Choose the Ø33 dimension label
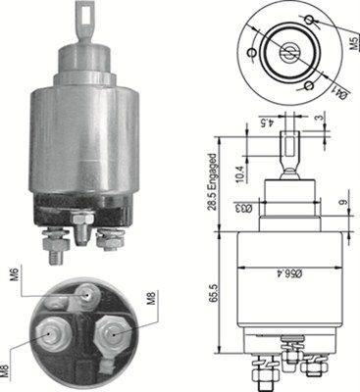tap(268, 208)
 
